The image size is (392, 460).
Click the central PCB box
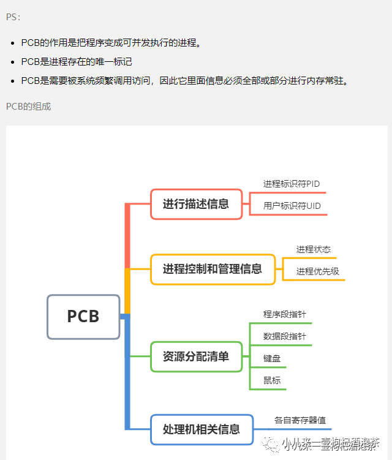[83, 317]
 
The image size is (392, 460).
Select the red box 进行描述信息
[196, 204]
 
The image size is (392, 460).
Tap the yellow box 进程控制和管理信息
[213, 269]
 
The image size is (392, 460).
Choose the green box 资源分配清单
[196, 356]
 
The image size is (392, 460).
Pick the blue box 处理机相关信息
[202, 429]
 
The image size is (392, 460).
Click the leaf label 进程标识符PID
[292, 184]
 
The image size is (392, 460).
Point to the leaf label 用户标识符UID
[292, 206]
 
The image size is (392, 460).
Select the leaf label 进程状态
[314, 249]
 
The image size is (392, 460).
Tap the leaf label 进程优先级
[318, 271]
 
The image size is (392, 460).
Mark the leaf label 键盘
[272, 358]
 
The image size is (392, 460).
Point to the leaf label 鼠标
[272, 380]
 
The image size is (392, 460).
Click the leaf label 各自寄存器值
[300, 421]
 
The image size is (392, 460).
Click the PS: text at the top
[13, 17]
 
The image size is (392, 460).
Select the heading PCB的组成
[29, 107]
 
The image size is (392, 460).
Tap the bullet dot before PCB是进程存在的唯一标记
[13, 62]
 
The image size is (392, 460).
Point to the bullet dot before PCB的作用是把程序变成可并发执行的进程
[13, 43]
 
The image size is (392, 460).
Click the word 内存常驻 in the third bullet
[328, 81]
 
